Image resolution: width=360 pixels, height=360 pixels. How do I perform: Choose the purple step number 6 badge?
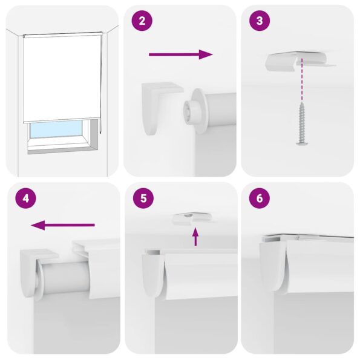pyautogui.click(x=260, y=198)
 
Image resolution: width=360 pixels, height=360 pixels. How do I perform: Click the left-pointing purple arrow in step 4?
pyautogui.click(x=63, y=226)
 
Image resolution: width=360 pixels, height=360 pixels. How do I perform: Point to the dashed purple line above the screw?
pyautogui.click(x=301, y=85)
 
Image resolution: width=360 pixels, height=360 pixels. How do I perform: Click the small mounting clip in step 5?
pyautogui.click(x=188, y=218)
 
